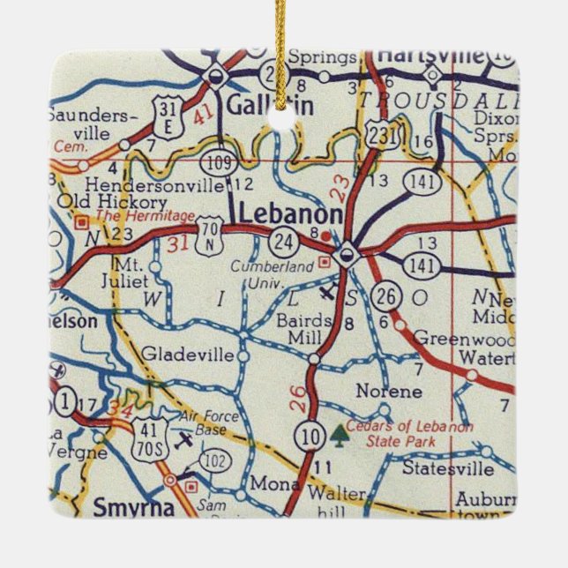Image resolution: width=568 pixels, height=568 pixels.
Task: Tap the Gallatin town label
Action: [x=259, y=105]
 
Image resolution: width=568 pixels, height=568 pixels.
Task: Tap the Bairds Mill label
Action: [x=303, y=324]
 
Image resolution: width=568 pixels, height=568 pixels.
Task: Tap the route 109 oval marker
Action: [x=215, y=161]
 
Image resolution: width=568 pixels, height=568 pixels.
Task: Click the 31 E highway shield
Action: [x=166, y=116]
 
